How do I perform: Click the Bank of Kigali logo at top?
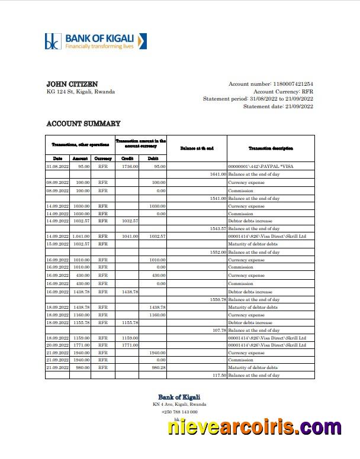tap(95, 41)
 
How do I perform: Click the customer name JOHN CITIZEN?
tap(72, 84)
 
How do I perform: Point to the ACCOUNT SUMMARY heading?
tap(83, 124)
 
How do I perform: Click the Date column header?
tap(57, 159)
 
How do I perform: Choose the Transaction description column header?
tap(271, 148)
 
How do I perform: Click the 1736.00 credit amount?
tap(130, 167)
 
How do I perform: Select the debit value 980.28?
tap(157, 367)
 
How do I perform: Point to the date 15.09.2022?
tap(57, 244)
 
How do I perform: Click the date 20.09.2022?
tap(57, 345)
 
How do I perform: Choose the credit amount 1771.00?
tap(130, 345)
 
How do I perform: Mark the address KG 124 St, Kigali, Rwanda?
tap(81, 92)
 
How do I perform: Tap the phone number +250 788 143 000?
tap(179, 412)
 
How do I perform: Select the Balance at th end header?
tap(197, 148)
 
